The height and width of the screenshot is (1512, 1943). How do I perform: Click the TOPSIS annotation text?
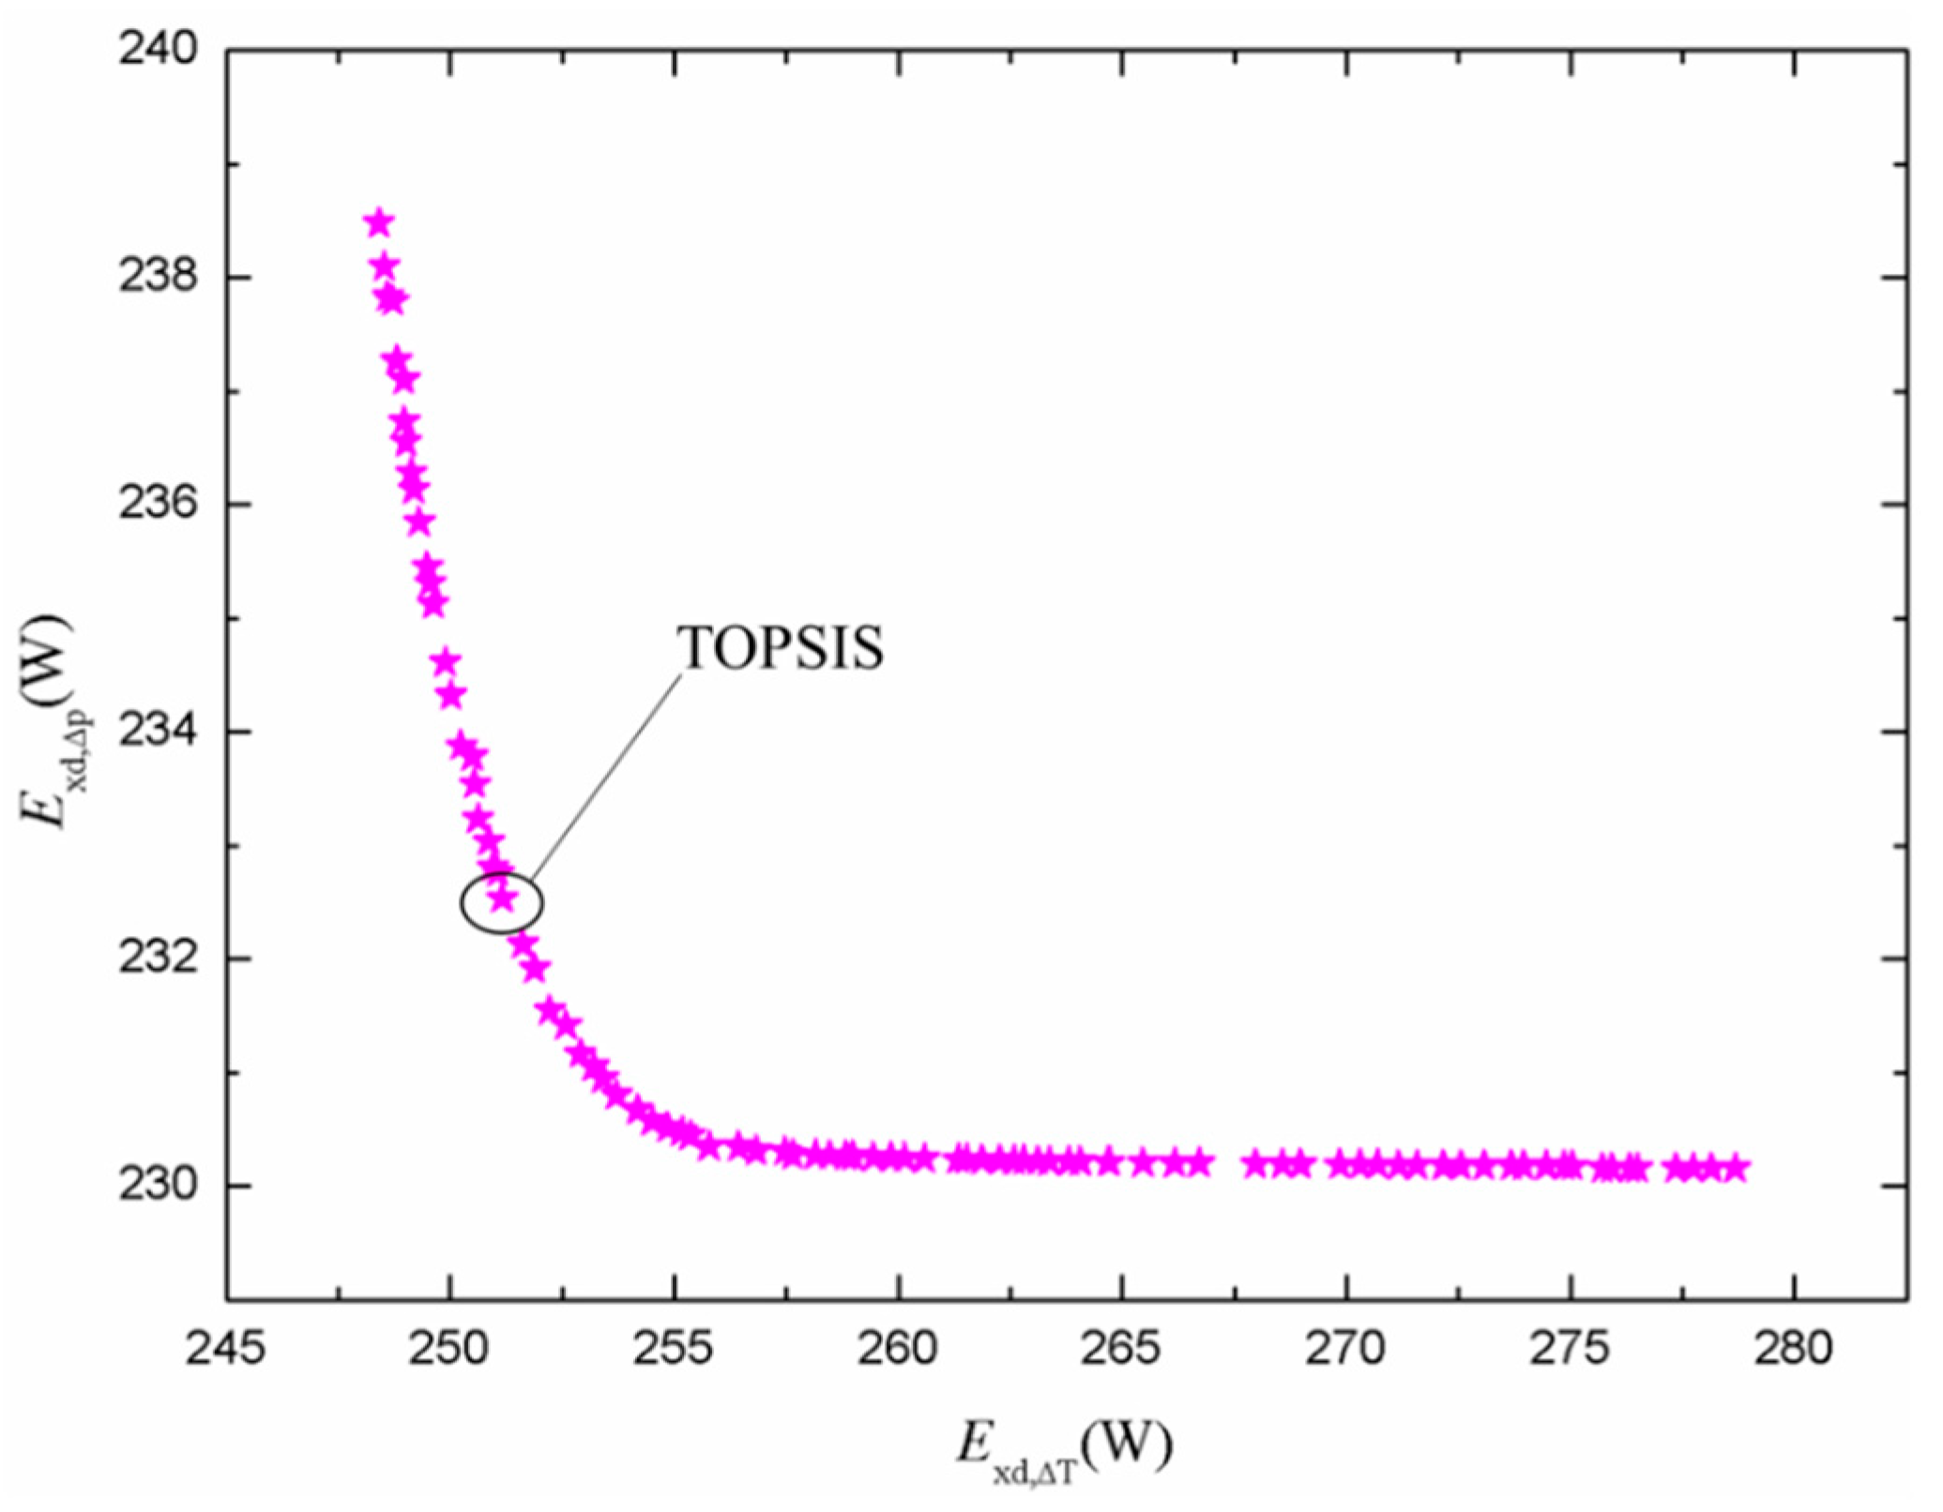pos(781,647)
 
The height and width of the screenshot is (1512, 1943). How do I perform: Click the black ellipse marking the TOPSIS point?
pos(502,902)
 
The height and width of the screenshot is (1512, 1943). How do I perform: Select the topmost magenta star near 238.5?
pos(379,223)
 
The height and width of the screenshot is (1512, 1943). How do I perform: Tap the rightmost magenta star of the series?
pos(1736,1169)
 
